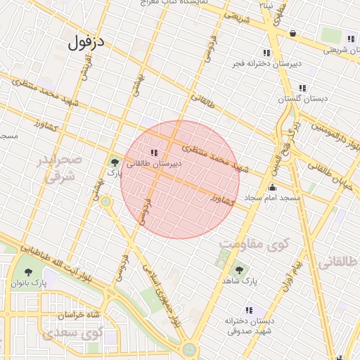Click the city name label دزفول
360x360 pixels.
(x=86, y=43)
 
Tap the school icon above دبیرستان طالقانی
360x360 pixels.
(x=153, y=153)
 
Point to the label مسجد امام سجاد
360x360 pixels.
(x=272, y=199)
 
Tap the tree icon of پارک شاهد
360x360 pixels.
(x=238, y=269)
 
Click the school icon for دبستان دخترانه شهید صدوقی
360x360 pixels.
(x=249, y=309)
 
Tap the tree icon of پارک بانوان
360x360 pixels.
(x=29, y=272)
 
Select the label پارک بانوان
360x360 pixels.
(x=29, y=283)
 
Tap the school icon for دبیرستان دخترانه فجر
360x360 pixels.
(x=266, y=53)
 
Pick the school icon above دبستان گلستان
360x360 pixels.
(x=302, y=89)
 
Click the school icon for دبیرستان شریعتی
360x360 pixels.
(x=349, y=39)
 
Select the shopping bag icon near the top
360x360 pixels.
(x=292, y=32)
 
